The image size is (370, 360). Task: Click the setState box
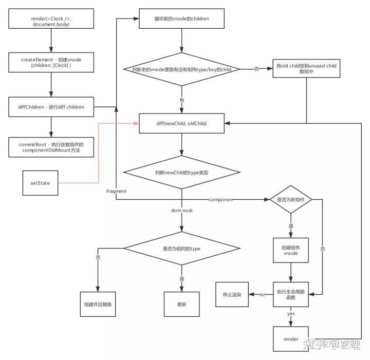[x=40, y=183]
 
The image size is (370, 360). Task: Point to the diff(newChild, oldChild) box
[x=181, y=123]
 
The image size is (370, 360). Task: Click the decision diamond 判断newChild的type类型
[x=181, y=173]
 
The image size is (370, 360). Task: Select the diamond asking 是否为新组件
[x=291, y=199]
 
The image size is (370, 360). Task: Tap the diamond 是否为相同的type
[x=181, y=249]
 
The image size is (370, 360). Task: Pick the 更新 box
[x=181, y=305]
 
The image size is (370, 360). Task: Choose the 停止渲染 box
[x=232, y=294]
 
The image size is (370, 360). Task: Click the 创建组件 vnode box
[x=291, y=250]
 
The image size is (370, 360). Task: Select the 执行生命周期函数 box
[x=291, y=295]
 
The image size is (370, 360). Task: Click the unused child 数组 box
[x=307, y=68]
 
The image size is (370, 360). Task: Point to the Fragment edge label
[x=116, y=191]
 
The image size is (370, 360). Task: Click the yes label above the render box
[x=291, y=313]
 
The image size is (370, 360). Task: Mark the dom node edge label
[x=181, y=211]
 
